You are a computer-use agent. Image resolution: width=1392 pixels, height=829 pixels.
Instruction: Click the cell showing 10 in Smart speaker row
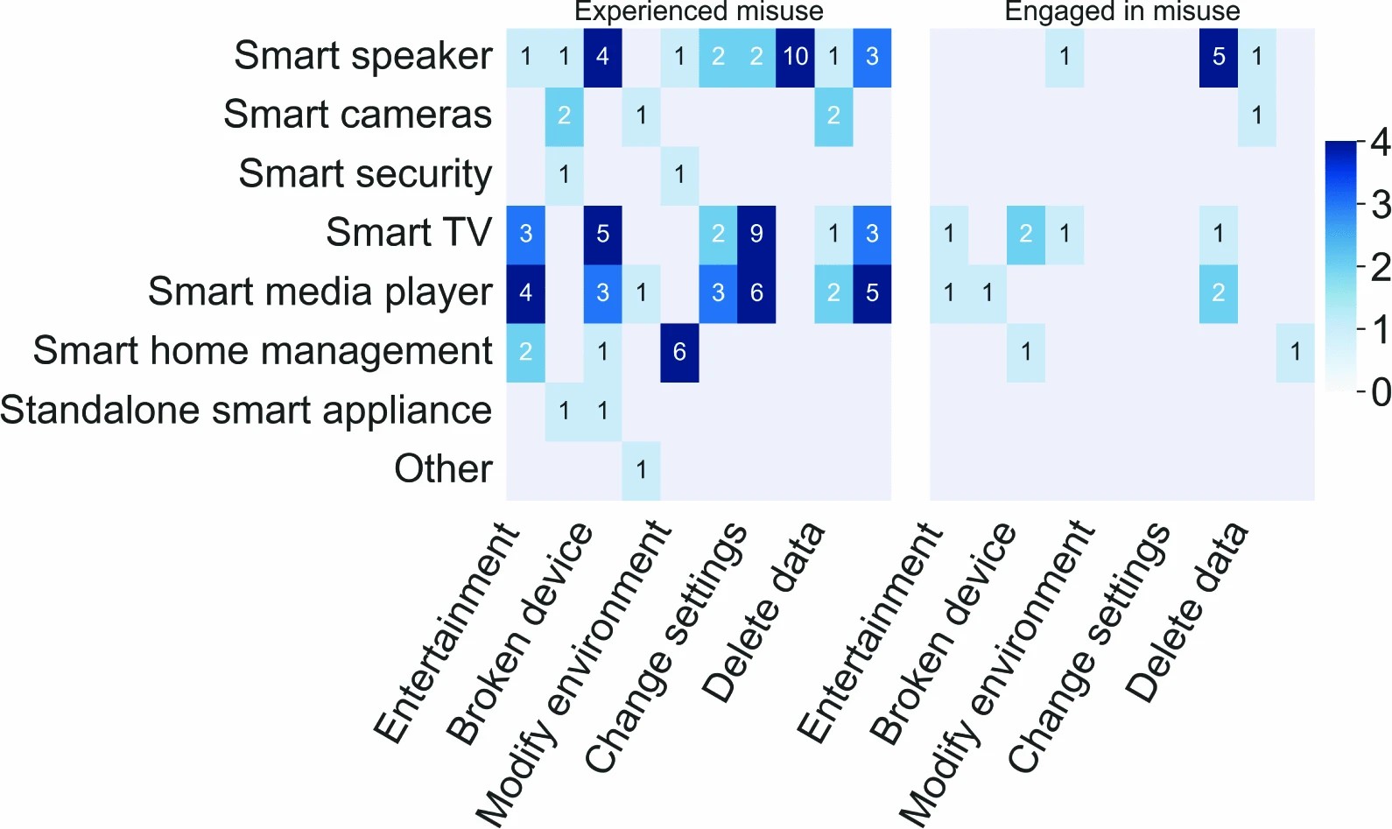click(795, 58)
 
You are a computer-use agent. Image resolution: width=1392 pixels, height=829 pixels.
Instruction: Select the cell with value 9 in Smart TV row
click(756, 235)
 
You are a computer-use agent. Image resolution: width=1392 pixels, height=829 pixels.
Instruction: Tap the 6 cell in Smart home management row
click(679, 353)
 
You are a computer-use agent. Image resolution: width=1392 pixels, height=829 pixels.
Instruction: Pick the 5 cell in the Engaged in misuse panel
click(1219, 58)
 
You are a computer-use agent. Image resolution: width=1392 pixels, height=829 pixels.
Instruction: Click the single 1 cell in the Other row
click(641, 471)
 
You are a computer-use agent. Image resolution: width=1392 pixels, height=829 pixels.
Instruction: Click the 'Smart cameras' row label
click(357, 115)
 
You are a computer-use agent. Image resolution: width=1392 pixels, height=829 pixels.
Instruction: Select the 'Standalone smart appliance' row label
click(246, 411)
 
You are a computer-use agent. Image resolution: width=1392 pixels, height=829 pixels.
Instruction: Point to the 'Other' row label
click(443, 469)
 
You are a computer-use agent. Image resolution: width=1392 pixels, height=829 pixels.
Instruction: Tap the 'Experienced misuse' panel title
click(699, 11)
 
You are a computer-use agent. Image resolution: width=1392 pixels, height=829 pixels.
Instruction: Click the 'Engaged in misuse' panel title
click(1121, 11)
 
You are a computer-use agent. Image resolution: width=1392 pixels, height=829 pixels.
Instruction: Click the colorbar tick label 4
click(1380, 142)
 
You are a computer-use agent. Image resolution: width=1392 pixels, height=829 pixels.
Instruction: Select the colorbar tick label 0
click(1380, 392)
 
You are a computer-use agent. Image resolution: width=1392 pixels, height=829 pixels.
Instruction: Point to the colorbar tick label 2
click(1380, 267)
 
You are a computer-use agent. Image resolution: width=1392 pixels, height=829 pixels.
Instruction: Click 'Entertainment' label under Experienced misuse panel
click(446, 632)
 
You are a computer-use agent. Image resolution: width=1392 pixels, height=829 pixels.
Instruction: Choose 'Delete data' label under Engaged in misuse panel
click(1187, 613)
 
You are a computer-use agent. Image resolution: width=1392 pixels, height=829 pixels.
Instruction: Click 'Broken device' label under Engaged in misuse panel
click(944, 632)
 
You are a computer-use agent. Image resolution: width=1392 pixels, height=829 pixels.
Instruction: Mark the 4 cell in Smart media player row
click(525, 293)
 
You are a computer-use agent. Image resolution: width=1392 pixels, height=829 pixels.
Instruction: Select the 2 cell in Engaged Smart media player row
click(1219, 293)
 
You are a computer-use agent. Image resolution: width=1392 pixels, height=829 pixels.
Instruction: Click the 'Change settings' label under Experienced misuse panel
click(665, 648)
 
